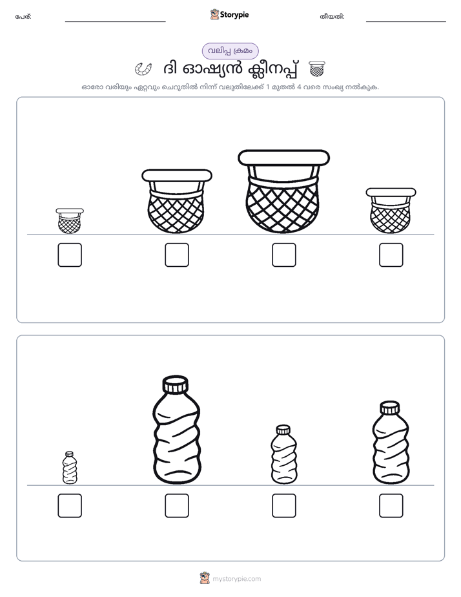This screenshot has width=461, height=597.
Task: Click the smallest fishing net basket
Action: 70,221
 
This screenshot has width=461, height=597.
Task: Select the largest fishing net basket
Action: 283,191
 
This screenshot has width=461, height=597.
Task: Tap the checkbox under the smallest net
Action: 70,255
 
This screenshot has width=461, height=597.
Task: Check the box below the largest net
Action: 283,255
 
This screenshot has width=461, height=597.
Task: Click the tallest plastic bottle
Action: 176,430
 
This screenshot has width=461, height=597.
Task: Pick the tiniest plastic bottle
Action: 70,468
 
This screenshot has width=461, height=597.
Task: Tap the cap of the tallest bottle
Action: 176,384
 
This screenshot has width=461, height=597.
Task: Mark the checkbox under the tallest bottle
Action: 177,506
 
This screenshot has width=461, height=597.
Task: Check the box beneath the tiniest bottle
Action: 70,506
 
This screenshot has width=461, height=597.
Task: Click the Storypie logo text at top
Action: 234,15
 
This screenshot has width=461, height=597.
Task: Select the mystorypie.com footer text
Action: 236,579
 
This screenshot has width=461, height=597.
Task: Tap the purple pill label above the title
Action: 230,51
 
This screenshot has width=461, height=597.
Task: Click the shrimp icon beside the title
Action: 143,68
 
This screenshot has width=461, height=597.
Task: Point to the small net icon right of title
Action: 317,68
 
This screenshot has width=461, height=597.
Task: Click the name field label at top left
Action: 23,17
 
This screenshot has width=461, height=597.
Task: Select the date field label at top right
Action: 332,17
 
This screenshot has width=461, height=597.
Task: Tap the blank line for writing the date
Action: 406,22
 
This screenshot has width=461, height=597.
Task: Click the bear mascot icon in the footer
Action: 205,578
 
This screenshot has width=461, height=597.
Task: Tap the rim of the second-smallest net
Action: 391,193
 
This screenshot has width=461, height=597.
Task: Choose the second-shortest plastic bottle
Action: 283,455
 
